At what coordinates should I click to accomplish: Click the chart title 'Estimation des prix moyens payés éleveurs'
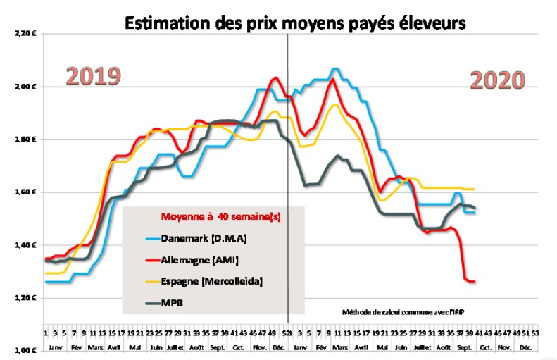pyautogui.click(x=295, y=23)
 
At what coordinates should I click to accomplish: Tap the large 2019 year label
pyautogui.click(x=94, y=76)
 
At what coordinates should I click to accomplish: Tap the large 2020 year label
pyautogui.click(x=497, y=80)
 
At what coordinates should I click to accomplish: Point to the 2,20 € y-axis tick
pyautogui.click(x=24, y=33)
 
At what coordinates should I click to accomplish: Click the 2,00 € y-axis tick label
pyautogui.click(x=24, y=86)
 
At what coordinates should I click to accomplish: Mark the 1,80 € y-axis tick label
pyautogui.click(x=24, y=139)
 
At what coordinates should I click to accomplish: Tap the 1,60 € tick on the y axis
pyautogui.click(x=24, y=192)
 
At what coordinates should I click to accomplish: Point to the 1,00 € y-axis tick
pyautogui.click(x=24, y=350)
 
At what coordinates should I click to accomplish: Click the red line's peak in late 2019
pyautogui.click(x=276, y=77)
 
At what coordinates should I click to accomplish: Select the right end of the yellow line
pyautogui.click(x=474, y=189)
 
